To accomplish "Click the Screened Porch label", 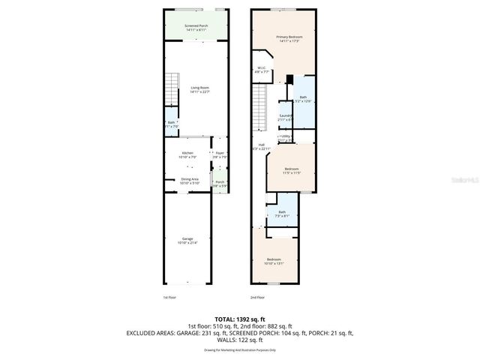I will click(196, 28).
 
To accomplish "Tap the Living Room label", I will click(199, 90).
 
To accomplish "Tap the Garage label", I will click(187, 240).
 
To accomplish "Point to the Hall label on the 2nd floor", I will click(262, 146).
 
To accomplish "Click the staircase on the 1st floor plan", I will click(173, 90).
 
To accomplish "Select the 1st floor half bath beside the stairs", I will click(172, 124).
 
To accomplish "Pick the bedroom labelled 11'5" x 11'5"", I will click(291, 171).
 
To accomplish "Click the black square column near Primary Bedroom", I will click(289, 79).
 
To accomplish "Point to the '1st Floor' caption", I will click(170, 298).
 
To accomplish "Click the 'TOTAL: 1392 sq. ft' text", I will click(240, 319).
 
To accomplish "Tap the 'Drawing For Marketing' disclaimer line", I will click(240, 350).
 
